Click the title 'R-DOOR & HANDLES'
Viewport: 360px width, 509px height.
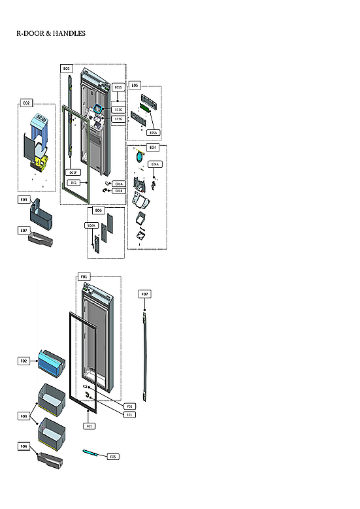(51, 33)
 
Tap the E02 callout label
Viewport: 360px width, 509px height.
(27, 103)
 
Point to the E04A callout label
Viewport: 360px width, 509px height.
(154, 164)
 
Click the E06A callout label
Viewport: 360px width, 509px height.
(92, 225)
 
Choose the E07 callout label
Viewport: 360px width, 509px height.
(24, 231)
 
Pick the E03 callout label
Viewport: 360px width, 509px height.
(24, 199)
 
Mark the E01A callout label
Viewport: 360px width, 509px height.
(118, 184)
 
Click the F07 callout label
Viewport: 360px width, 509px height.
(144, 295)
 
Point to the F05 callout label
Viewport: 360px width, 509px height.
(112, 456)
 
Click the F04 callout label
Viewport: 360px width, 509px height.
(24, 446)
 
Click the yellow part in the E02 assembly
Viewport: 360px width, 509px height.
(43, 159)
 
